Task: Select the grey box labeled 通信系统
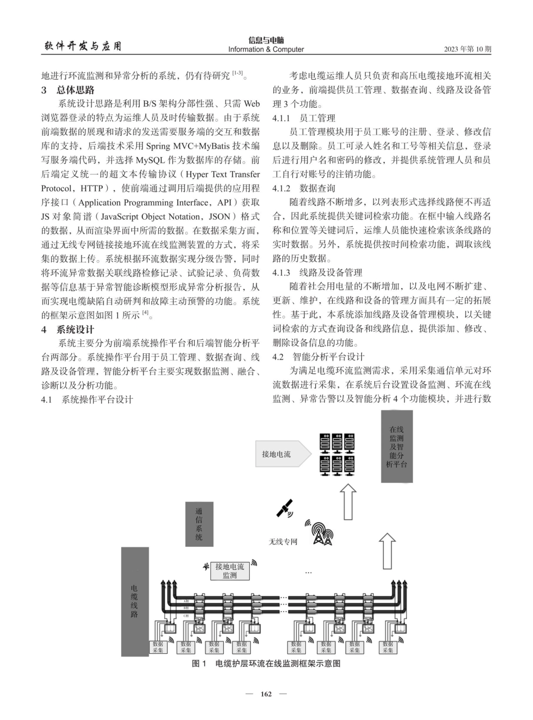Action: pyautogui.click(x=199, y=524)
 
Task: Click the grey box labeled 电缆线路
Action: pyautogui.click(x=135, y=601)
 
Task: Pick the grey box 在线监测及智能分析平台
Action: pyautogui.click(x=397, y=446)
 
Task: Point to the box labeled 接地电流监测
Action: pyautogui.click(x=229, y=571)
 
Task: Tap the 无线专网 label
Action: pyautogui.click(x=283, y=542)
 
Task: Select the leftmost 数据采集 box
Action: pyautogui.click(x=158, y=647)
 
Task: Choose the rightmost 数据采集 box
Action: pyautogui.click(x=388, y=647)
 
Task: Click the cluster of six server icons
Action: pyautogui.click(x=337, y=454)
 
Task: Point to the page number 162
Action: pyautogui.click(x=266, y=694)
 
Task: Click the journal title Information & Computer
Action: pyautogui.click(x=266, y=49)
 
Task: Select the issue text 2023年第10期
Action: pyautogui.click(x=467, y=49)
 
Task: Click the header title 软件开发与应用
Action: pyautogui.click(x=82, y=46)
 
